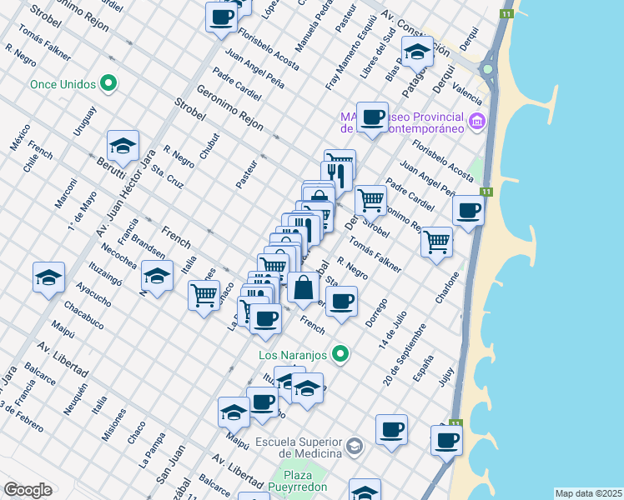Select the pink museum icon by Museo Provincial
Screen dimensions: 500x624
[x=476, y=122]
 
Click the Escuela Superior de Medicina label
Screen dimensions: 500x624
[x=299, y=447]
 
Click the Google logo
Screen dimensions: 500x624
[x=28, y=490]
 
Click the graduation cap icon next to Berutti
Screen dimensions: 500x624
[x=123, y=145]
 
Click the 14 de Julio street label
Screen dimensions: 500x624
[x=395, y=328]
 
